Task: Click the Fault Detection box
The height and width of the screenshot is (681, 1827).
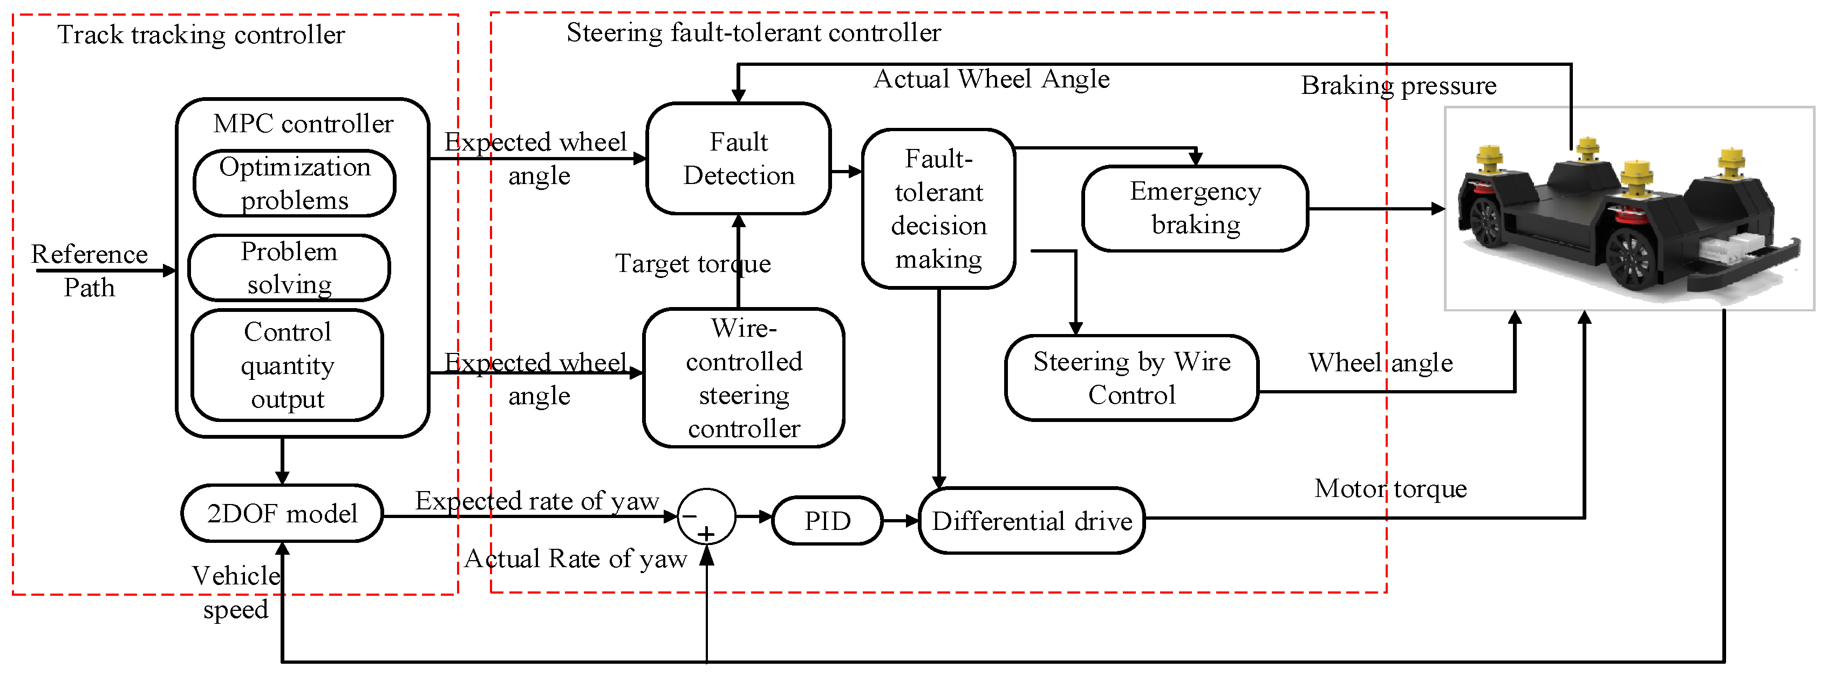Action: tap(738, 158)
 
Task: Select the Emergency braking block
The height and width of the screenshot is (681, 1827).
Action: tap(1195, 208)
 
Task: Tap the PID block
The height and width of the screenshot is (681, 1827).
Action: tap(827, 521)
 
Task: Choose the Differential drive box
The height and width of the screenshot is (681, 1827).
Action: tap(1031, 521)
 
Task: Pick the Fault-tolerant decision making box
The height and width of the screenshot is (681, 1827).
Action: tap(938, 208)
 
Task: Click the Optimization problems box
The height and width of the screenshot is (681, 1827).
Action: tap(294, 183)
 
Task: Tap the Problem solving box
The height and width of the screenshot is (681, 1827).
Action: tap(289, 268)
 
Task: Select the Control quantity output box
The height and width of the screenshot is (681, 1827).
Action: tap(287, 365)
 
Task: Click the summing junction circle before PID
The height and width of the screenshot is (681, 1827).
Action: tap(706, 516)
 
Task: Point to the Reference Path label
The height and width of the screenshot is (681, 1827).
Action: tap(90, 270)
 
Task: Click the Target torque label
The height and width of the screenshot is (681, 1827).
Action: tap(692, 263)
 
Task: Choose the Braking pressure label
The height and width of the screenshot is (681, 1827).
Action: tap(1398, 85)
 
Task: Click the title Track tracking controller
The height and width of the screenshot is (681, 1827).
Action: tap(201, 34)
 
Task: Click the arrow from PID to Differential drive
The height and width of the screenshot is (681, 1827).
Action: tap(901, 521)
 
